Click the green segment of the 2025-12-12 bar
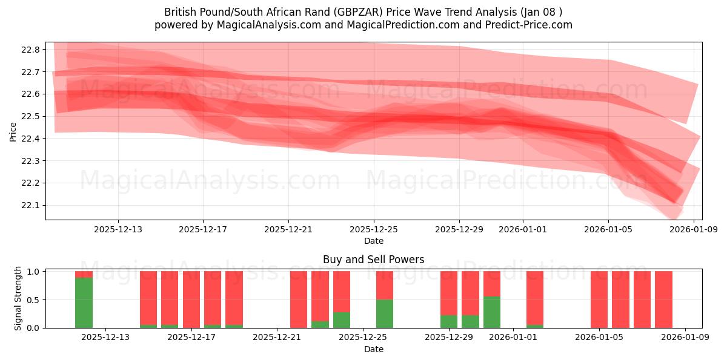click(x=84, y=302)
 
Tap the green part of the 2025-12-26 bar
click(x=385, y=313)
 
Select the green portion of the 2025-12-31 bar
click(x=492, y=312)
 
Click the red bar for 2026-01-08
click(x=663, y=299)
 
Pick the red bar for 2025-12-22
click(x=299, y=299)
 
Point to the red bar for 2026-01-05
click(x=599, y=299)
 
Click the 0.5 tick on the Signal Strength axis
click(x=33, y=300)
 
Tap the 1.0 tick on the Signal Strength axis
click(x=33, y=272)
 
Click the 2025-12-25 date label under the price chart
click(x=374, y=229)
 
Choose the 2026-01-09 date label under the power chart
click(x=685, y=338)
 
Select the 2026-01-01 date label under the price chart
click(x=523, y=229)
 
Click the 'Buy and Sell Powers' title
click(x=374, y=260)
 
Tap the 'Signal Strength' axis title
click(x=18, y=298)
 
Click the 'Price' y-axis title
click(x=13, y=131)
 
